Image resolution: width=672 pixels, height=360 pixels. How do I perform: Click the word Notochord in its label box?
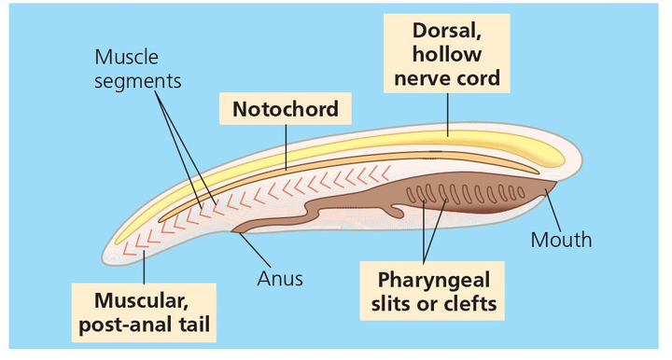point(285,110)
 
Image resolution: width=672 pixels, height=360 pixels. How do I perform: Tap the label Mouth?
point(561,240)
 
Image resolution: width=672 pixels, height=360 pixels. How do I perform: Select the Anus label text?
point(280,277)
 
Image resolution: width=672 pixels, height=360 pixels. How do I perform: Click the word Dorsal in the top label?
point(447,32)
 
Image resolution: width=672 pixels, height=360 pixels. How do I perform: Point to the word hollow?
point(447,55)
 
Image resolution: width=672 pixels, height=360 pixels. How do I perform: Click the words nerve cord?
point(447,78)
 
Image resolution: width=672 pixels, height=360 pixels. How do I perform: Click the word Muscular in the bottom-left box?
point(145,300)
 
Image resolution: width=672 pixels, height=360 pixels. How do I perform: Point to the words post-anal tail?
point(145,325)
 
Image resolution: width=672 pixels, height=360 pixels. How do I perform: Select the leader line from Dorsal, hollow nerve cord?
point(448,113)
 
